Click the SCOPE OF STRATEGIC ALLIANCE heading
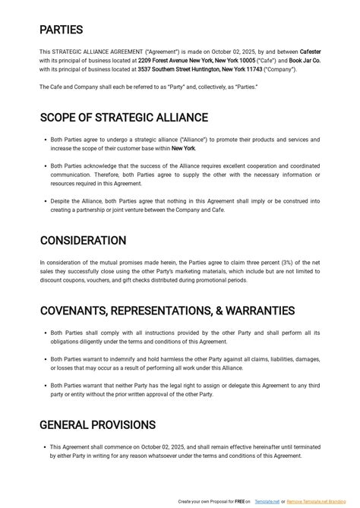tap(124, 118)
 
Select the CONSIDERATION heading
tap(83, 241)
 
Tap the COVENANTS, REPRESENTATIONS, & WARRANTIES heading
tap(167, 311)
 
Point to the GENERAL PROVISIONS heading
tap(97, 424)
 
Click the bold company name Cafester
tap(310, 52)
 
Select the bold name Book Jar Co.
tap(305, 60)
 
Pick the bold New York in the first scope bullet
tap(183, 149)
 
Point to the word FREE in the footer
tap(238, 502)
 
